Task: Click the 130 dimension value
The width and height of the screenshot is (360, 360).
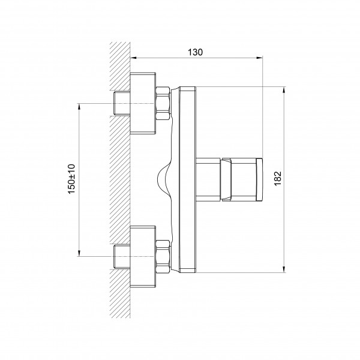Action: click(196, 52)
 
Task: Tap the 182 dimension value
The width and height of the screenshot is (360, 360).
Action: click(278, 178)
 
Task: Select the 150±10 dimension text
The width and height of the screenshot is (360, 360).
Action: click(71, 179)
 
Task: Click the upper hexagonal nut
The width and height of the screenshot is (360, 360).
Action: click(163, 103)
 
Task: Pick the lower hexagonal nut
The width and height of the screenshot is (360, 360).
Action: click(163, 257)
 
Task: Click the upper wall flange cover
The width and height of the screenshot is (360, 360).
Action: click(143, 103)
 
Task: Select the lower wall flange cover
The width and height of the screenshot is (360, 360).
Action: click(143, 257)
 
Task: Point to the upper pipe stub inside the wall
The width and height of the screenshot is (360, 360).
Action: click(122, 103)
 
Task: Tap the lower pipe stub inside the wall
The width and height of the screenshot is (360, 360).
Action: click(122, 257)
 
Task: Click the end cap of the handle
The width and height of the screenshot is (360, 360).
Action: click(259, 179)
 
